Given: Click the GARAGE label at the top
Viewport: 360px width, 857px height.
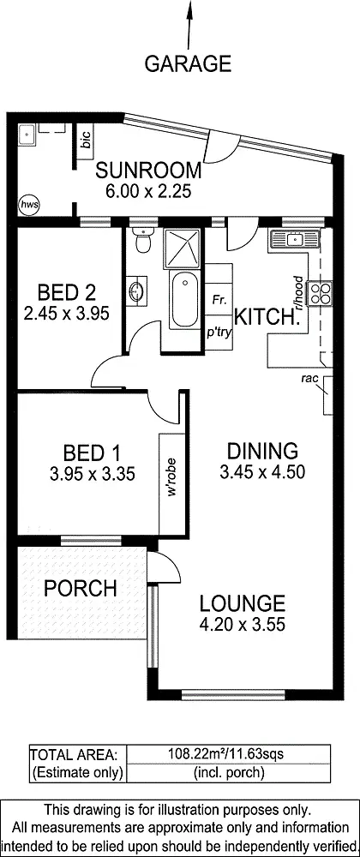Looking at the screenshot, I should (x=188, y=63).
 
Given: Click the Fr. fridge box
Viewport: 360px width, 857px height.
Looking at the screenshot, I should (x=218, y=301).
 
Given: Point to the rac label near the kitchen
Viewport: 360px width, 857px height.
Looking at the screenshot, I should (x=310, y=378).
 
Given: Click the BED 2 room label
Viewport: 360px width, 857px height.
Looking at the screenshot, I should (x=65, y=291).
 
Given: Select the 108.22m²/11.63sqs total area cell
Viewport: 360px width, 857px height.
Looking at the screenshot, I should (x=227, y=754).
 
